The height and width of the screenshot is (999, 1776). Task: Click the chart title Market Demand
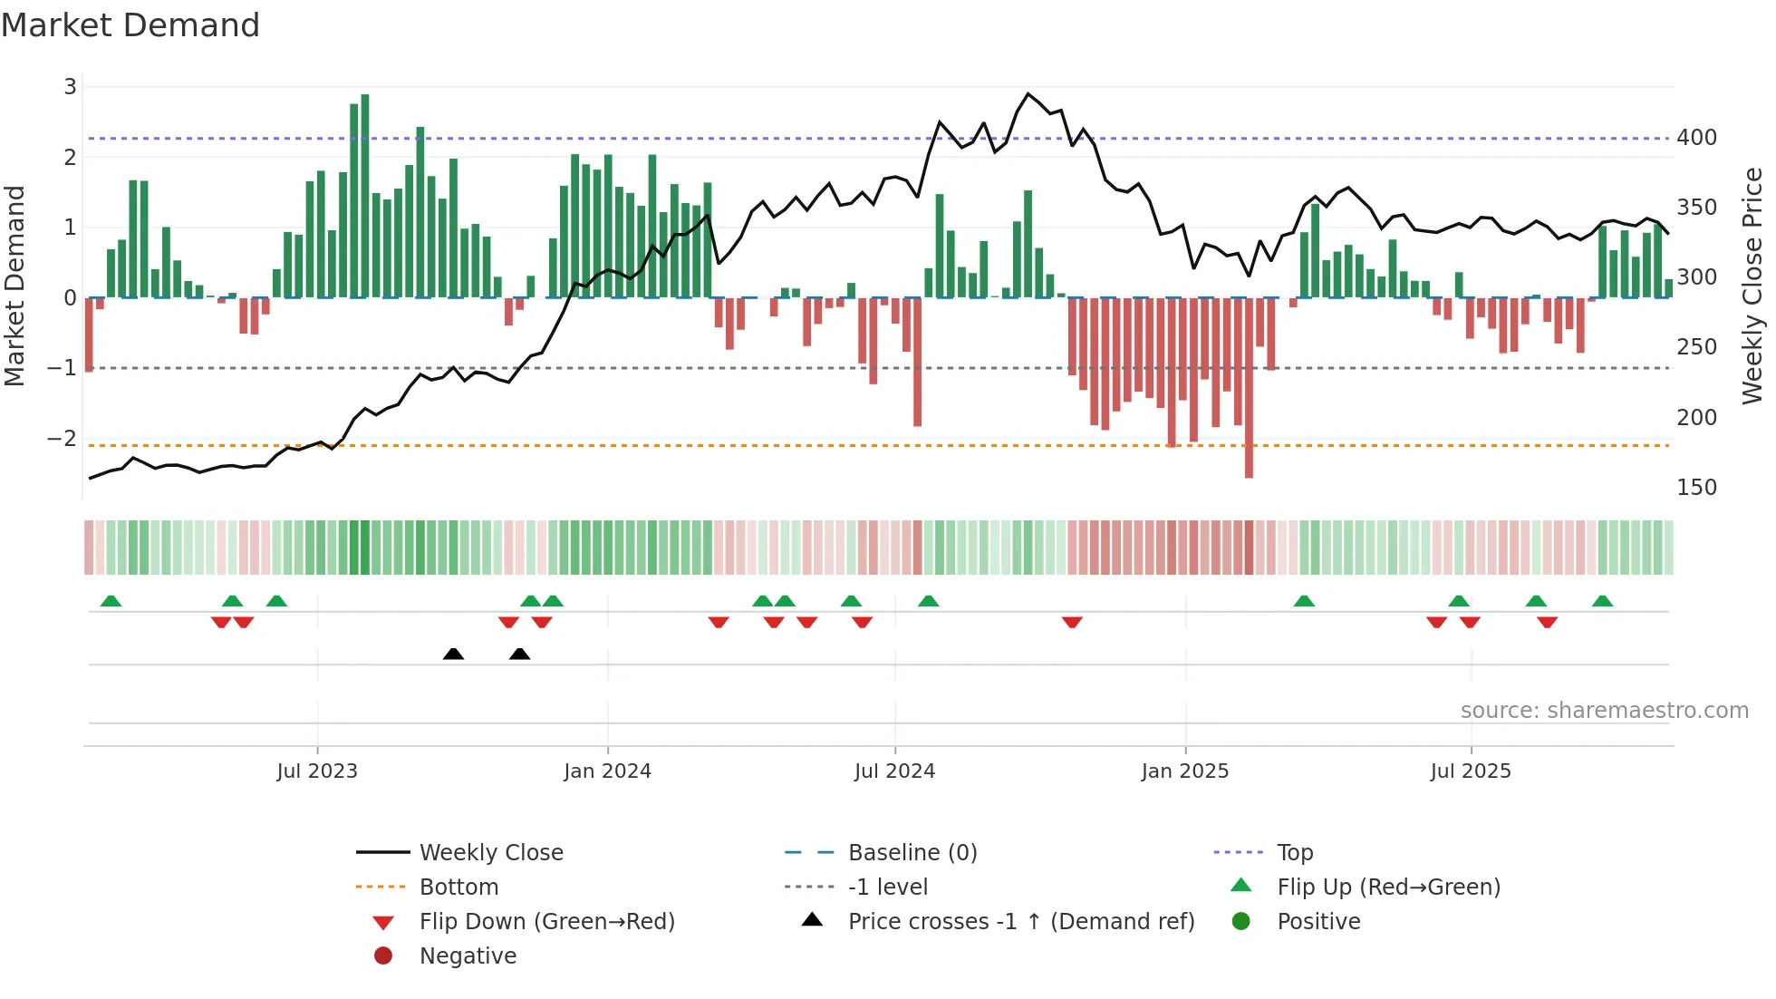[130, 25]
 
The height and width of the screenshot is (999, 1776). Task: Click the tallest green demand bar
[365, 195]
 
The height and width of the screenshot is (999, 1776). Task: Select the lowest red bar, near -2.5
[1249, 390]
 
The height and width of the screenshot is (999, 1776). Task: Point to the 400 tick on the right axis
[1696, 138]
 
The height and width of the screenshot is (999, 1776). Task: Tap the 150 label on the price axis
[1696, 488]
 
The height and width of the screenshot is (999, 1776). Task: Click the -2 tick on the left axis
[62, 439]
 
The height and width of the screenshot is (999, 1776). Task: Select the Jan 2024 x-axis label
[607, 771]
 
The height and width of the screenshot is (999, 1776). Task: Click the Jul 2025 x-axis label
[1471, 771]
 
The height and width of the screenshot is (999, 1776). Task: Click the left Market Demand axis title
[14, 286]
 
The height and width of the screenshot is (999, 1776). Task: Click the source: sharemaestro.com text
[1604, 711]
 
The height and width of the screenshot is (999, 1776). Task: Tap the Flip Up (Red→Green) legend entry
[1388, 887]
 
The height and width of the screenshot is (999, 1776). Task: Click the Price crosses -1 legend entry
[1020, 922]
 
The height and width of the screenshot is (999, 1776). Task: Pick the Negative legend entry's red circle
[383, 956]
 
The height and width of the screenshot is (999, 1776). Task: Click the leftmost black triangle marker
[453, 654]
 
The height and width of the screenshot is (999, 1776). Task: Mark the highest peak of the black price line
[1028, 93]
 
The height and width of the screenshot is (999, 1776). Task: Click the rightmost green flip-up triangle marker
[1602, 601]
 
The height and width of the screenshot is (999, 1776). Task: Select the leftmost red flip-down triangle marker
[221, 622]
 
